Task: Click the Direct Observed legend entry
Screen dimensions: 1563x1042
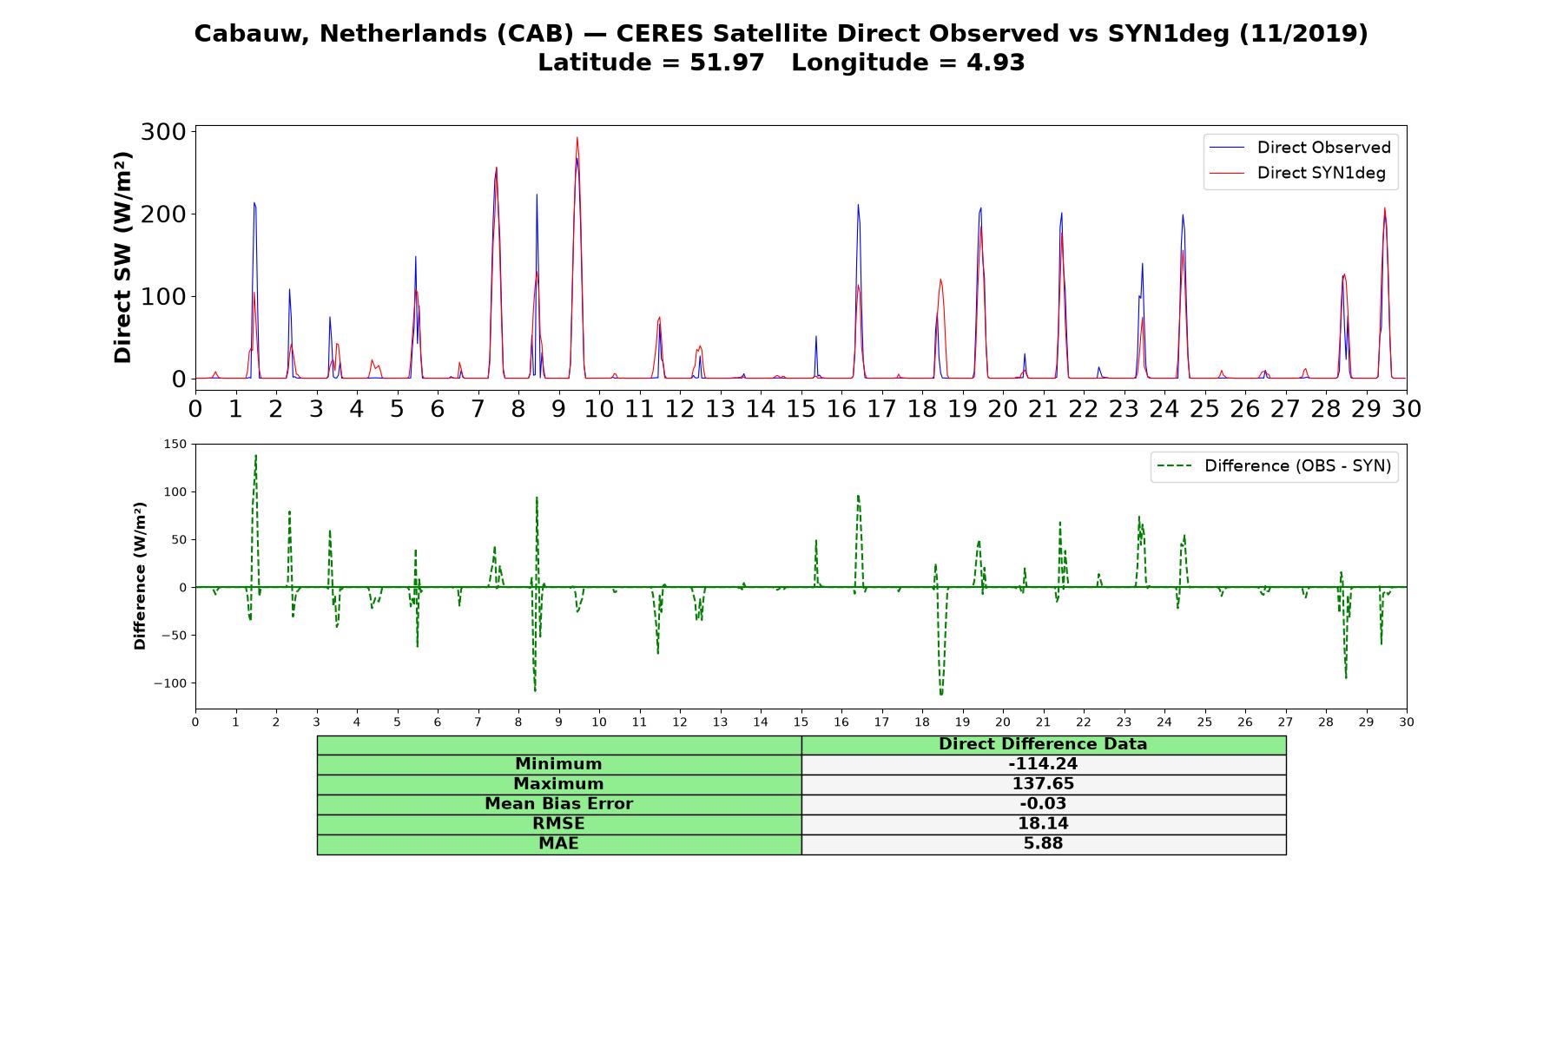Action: [1300, 148]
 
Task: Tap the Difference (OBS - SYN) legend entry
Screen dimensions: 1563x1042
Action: [1274, 466]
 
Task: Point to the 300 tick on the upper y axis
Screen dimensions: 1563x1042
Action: [163, 132]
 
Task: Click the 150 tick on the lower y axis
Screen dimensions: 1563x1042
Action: [175, 445]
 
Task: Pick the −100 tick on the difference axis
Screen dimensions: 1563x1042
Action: [170, 683]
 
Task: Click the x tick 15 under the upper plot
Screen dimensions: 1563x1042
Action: [801, 408]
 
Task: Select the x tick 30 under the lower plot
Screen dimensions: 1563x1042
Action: [1407, 722]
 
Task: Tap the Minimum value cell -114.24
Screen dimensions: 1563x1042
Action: [1043, 764]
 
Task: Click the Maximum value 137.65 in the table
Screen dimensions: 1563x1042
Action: [1043, 784]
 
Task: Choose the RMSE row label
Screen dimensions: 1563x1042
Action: [558, 824]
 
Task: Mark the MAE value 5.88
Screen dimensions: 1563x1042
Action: [1043, 844]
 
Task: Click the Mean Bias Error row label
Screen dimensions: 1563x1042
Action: [558, 804]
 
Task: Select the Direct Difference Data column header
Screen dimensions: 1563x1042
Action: [1043, 744]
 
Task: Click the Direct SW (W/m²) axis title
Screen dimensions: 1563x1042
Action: [122, 257]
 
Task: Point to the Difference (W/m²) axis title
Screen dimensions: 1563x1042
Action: [140, 576]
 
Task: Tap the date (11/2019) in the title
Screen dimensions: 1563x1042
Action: [1303, 34]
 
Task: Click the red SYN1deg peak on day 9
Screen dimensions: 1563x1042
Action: [577, 137]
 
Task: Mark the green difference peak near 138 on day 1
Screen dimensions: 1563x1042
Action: [255, 455]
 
